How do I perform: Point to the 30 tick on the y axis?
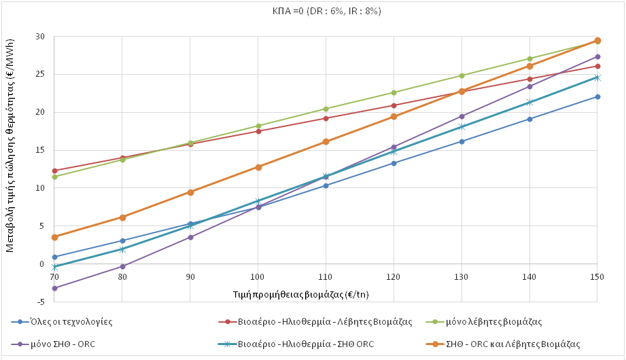(40, 37)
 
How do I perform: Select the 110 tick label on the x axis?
(326, 277)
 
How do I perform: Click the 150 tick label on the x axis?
(597, 277)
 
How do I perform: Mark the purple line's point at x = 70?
(54, 288)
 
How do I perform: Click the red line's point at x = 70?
(54, 170)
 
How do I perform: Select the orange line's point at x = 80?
(122, 217)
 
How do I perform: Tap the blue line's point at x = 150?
(597, 96)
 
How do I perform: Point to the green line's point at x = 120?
(394, 92)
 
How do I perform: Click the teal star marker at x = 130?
(462, 126)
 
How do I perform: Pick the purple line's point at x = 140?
(529, 86)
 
